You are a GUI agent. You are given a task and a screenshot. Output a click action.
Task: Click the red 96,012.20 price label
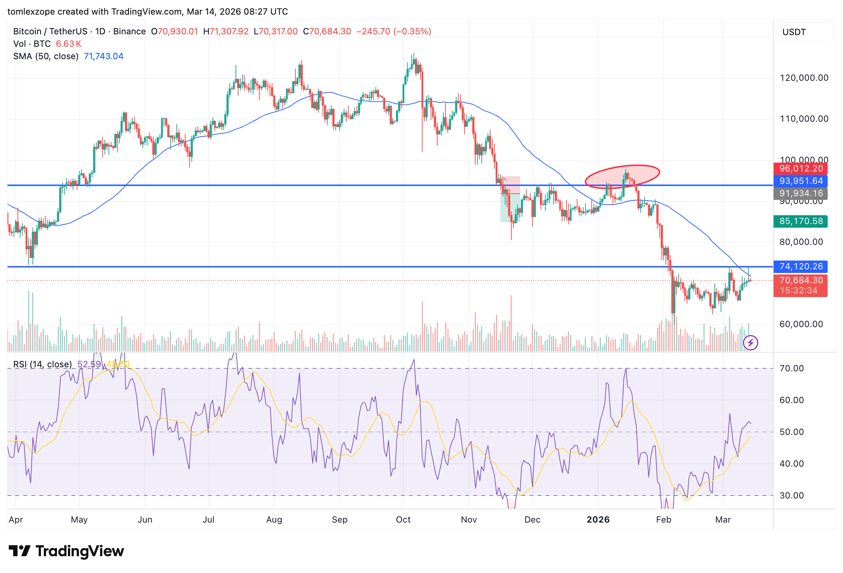800,169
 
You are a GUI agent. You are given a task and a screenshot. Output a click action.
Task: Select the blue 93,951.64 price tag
800,181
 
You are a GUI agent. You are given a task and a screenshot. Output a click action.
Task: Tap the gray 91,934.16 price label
800,193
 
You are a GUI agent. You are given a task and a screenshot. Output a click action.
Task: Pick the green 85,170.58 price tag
800,221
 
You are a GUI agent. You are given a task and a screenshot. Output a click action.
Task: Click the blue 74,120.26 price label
800,267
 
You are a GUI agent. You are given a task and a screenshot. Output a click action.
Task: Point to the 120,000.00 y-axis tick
804,78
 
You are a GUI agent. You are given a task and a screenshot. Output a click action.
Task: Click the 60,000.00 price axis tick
801,324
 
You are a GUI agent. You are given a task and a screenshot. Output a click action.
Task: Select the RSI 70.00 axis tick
791,368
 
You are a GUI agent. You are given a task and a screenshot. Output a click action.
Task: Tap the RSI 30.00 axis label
791,496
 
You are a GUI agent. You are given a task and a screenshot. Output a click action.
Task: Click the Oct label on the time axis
403,520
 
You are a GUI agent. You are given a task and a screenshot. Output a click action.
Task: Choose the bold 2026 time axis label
598,520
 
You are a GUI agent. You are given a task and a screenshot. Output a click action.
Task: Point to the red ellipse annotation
622,177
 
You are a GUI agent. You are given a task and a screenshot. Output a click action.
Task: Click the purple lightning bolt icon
751,343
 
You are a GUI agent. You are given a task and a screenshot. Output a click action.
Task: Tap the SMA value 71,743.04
104,56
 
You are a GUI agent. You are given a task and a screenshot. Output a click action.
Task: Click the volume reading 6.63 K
68,44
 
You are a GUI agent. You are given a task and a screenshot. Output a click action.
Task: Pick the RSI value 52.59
89,364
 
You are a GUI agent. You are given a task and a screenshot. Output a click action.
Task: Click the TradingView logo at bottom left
66,551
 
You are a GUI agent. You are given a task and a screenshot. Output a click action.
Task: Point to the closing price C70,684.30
327,31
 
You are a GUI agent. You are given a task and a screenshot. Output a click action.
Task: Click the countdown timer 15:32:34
798,291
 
